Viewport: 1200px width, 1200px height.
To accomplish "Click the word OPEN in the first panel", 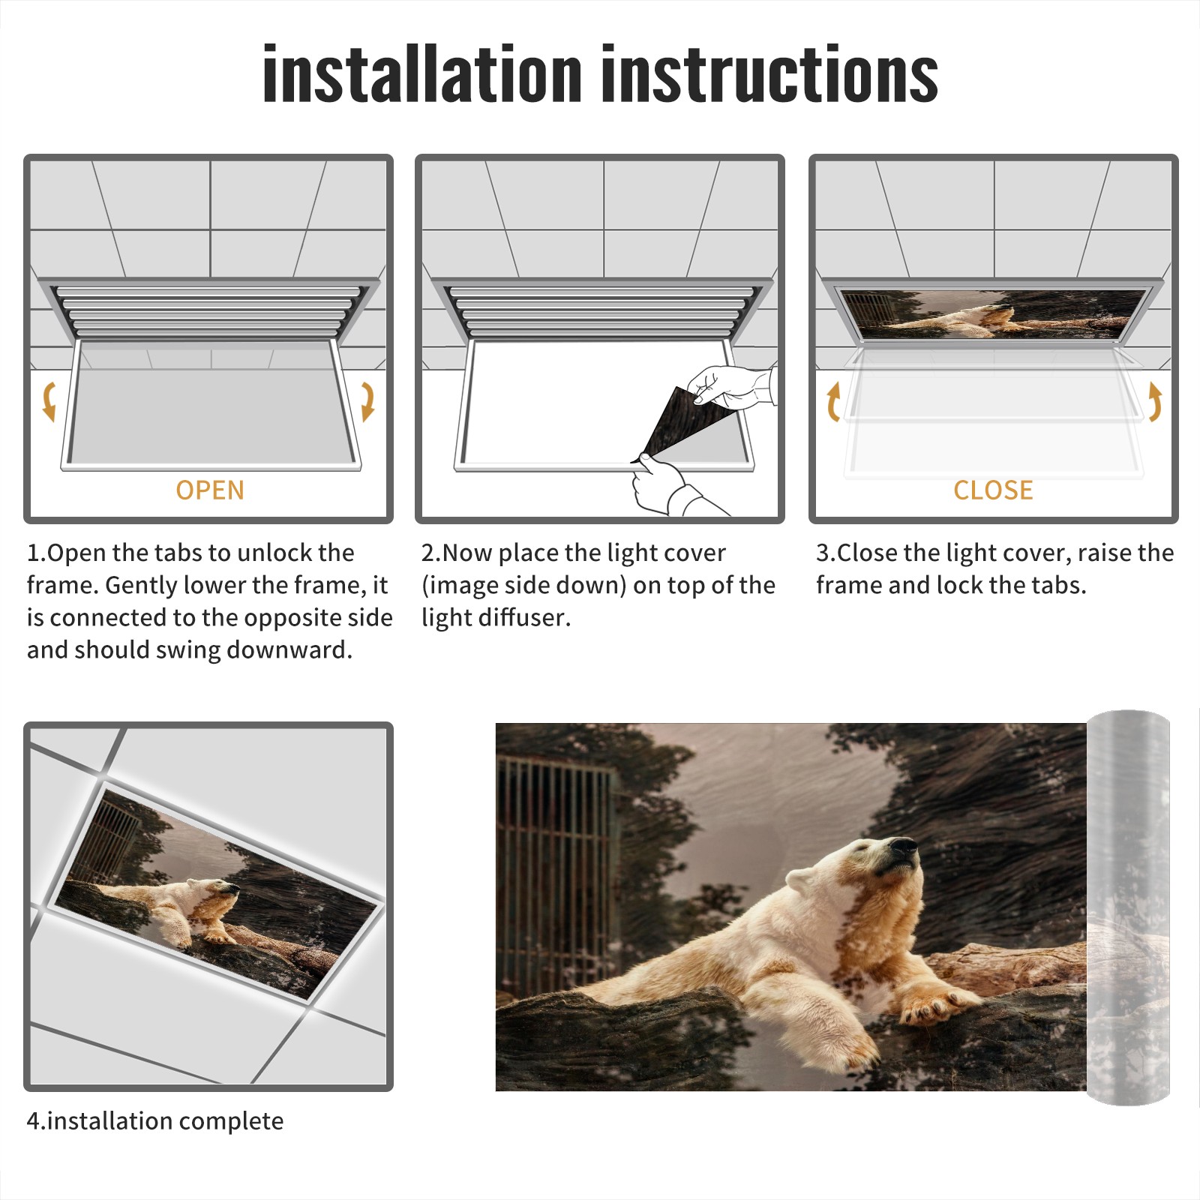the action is pos(210,490).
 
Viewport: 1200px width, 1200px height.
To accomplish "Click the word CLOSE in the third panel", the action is pos(993,490).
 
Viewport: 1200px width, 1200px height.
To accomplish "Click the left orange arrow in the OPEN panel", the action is pos(49,401).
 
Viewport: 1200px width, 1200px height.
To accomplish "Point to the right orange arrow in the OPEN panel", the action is pos(368,401).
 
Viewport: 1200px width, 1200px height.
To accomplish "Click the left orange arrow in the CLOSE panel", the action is pos(833,401).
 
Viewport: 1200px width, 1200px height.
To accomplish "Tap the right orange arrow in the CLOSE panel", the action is pos(1155,401).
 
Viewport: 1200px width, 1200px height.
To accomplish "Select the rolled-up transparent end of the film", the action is pos(1128,907).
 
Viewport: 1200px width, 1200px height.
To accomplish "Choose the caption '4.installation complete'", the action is pos(155,1121).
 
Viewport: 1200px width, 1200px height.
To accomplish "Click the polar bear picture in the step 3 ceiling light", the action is pos(994,313).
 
